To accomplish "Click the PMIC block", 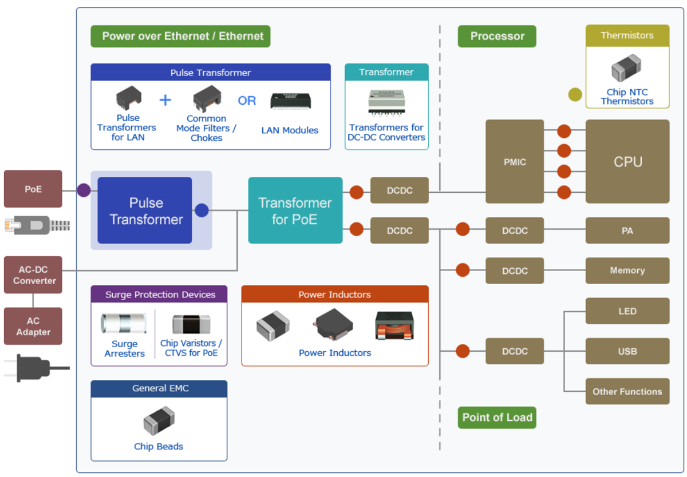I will tap(515, 161).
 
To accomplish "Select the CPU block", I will tap(627, 161).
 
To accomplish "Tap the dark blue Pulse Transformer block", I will tap(145, 210).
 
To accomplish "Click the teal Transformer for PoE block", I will tap(295, 210).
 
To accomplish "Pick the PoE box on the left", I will tap(33, 189).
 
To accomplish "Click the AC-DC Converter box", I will tap(33, 275).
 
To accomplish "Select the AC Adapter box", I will tap(33, 326).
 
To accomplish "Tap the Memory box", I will tap(627, 271).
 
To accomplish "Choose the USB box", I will tap(627, 351).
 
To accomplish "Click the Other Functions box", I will tap(627, 392).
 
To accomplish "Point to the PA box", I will tap(627, 230).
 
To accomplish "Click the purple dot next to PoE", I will tap(84, 190).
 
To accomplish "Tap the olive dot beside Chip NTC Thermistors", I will tap(575, 95).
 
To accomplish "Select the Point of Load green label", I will tap(497, 418).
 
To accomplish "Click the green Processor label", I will tap(497, 36).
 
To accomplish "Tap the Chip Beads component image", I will tap(159, 422).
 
